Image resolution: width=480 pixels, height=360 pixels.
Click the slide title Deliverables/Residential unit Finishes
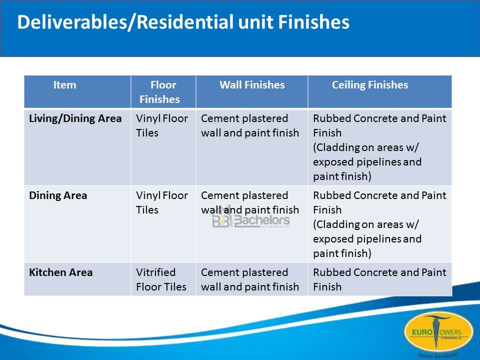click(x=183, y=22)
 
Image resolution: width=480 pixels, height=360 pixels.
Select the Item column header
click(x=64, y=85)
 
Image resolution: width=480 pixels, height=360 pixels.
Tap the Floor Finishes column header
click(x=160, y=92)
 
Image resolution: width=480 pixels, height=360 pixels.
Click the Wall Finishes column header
click(x=252, y=85)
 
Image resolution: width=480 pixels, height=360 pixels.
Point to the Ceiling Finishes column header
click(x=370, y=85)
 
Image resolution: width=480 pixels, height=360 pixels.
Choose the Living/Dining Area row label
click(x=75, y=118)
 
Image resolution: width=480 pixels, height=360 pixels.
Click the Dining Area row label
click(x=58, y=195)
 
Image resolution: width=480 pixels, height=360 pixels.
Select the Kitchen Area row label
click(x=61, y=272)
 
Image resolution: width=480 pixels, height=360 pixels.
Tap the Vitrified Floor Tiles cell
click(x=161, y=279)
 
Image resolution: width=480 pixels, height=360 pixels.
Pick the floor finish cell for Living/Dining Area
click(x=162, y=125)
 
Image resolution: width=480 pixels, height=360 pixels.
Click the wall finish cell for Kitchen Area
click(x=250, y=279)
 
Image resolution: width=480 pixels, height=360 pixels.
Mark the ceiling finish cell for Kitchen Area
click(x=379, y=279)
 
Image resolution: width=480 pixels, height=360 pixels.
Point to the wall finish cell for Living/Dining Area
click(x=250, y=125)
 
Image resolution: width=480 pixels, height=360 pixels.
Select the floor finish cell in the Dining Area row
click(x=162, y=202)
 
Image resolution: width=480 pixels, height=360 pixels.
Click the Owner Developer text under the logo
click(x=438, y=355)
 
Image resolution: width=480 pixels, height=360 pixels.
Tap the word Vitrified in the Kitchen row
click(x=156, y=272)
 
